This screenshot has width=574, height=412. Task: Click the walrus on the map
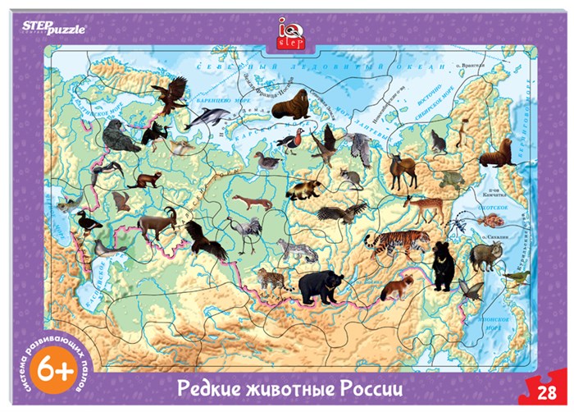pos(289,104)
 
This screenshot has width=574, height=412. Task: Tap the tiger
pos(397,244)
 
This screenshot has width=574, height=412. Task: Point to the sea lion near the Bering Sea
pos(497,153)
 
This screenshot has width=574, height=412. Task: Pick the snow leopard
pos(297,249)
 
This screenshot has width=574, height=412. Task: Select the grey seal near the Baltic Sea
pos(120,137)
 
